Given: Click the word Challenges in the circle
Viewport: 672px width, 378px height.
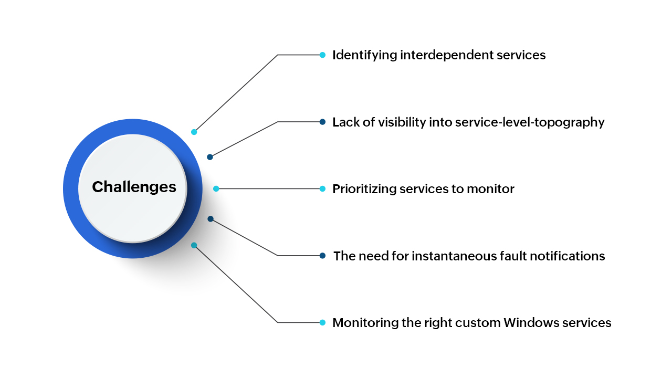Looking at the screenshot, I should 134,187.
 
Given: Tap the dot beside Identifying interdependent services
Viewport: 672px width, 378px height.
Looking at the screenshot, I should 323,55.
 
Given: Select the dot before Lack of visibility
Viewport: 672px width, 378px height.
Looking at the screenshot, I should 323,122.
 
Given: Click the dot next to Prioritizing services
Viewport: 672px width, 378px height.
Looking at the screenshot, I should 323,188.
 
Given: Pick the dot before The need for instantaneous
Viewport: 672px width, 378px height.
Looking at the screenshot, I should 323,256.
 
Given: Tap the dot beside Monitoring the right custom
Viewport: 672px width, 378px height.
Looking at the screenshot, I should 323,322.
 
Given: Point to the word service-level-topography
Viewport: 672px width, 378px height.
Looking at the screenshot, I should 530,122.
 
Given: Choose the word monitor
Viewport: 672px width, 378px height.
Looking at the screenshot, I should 492,189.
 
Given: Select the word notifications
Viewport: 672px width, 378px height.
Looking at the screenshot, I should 574,256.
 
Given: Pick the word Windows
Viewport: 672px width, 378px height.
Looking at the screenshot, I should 528,322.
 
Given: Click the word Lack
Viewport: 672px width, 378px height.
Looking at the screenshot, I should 345,122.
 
